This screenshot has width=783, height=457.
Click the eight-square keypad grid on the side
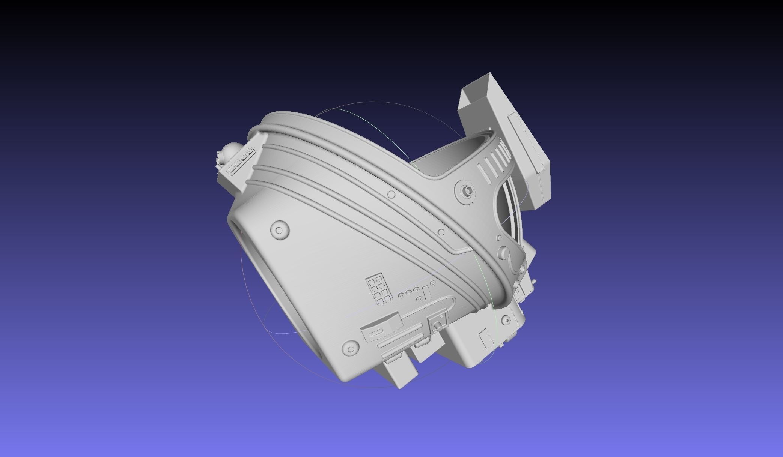click(x=379, y=289)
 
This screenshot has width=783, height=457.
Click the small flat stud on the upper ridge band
click(x=391, y=194)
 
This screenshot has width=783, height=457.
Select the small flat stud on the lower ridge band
click(x=441, y=232)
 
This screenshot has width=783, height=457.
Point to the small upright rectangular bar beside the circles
click(x=425, y=291)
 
